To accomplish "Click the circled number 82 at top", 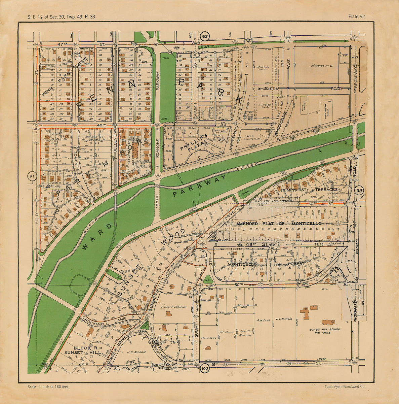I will pyautogui.click(x=205, y=36).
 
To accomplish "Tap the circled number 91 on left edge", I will pyautogui.click(x=32, y=176).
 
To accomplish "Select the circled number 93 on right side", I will pyautogui.click(x=360, y=191).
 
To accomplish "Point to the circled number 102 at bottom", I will pyautogui.click(x=204, y=369).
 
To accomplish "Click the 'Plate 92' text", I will pyautogui.click(x=356, y=16).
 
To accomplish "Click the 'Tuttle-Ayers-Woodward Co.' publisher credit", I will pyautogui.click(x=345, y=387).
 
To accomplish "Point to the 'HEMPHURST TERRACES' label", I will pyautogui.click(x=309, y=190).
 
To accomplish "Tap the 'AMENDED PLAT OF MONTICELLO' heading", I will pyautogui.click(x=278, y=224).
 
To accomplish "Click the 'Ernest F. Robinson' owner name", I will pyautogui.click(x=173, y=307).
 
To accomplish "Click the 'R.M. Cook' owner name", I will pyautogui.click(x=263, y=321).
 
